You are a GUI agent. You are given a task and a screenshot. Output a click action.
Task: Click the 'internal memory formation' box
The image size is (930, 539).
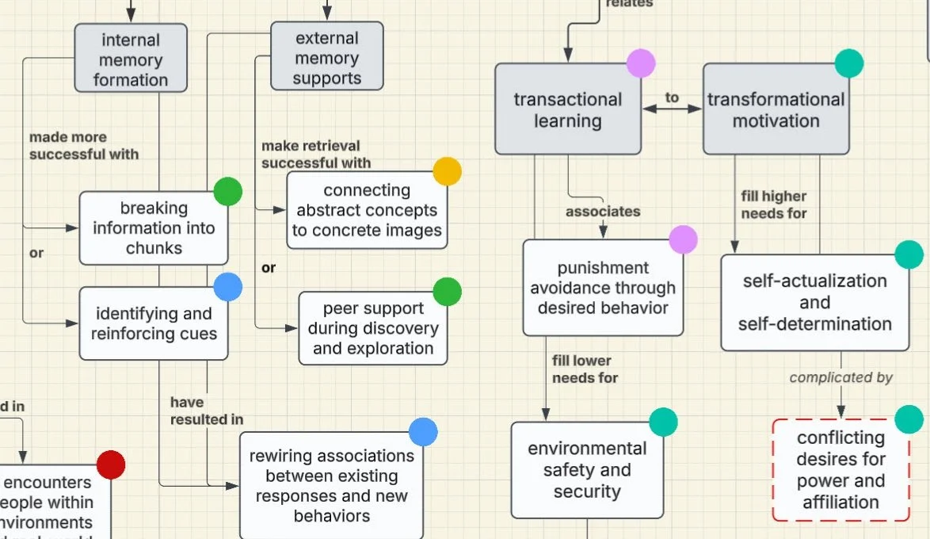click(131, 59)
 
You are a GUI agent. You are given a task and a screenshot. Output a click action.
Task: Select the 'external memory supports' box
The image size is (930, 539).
click(326, 57)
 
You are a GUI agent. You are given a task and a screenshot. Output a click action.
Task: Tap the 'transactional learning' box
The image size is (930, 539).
click(567, 109)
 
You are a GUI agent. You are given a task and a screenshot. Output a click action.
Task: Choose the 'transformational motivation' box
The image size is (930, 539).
click(776, 109)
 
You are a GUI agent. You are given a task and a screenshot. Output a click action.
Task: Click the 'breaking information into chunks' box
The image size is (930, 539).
click(154, 227)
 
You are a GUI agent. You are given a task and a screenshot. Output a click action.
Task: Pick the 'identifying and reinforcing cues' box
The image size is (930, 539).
click(154, 323)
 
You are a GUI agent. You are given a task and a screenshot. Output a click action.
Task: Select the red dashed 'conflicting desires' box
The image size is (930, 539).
click(840, 469)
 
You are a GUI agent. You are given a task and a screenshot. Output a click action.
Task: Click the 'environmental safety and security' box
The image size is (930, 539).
click(587, 469)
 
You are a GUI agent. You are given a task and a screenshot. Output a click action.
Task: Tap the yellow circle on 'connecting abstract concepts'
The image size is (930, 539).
click(447, 171)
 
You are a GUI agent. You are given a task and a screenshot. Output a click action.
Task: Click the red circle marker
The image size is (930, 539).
click(111, 464)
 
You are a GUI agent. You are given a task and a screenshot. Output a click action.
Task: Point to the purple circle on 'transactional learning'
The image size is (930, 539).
click(641, 63)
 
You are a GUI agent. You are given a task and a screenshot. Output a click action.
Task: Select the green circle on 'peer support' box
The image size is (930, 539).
click(447, 292)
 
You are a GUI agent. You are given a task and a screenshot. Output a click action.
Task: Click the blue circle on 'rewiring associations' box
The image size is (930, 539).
click(423, 432)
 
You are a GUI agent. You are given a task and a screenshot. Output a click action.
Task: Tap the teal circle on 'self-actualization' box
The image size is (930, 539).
click(909, 254)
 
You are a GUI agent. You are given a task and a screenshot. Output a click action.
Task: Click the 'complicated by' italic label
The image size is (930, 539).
click(840, 378)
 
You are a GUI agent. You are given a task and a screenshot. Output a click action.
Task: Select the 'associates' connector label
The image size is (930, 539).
click(603, 212)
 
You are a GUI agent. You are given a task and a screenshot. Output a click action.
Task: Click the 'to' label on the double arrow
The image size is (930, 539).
click(672, 97)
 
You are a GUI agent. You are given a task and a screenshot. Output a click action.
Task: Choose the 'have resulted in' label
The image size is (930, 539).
click(207, 411)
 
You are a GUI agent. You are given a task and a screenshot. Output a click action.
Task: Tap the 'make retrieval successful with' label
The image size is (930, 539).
click(315, 154)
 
